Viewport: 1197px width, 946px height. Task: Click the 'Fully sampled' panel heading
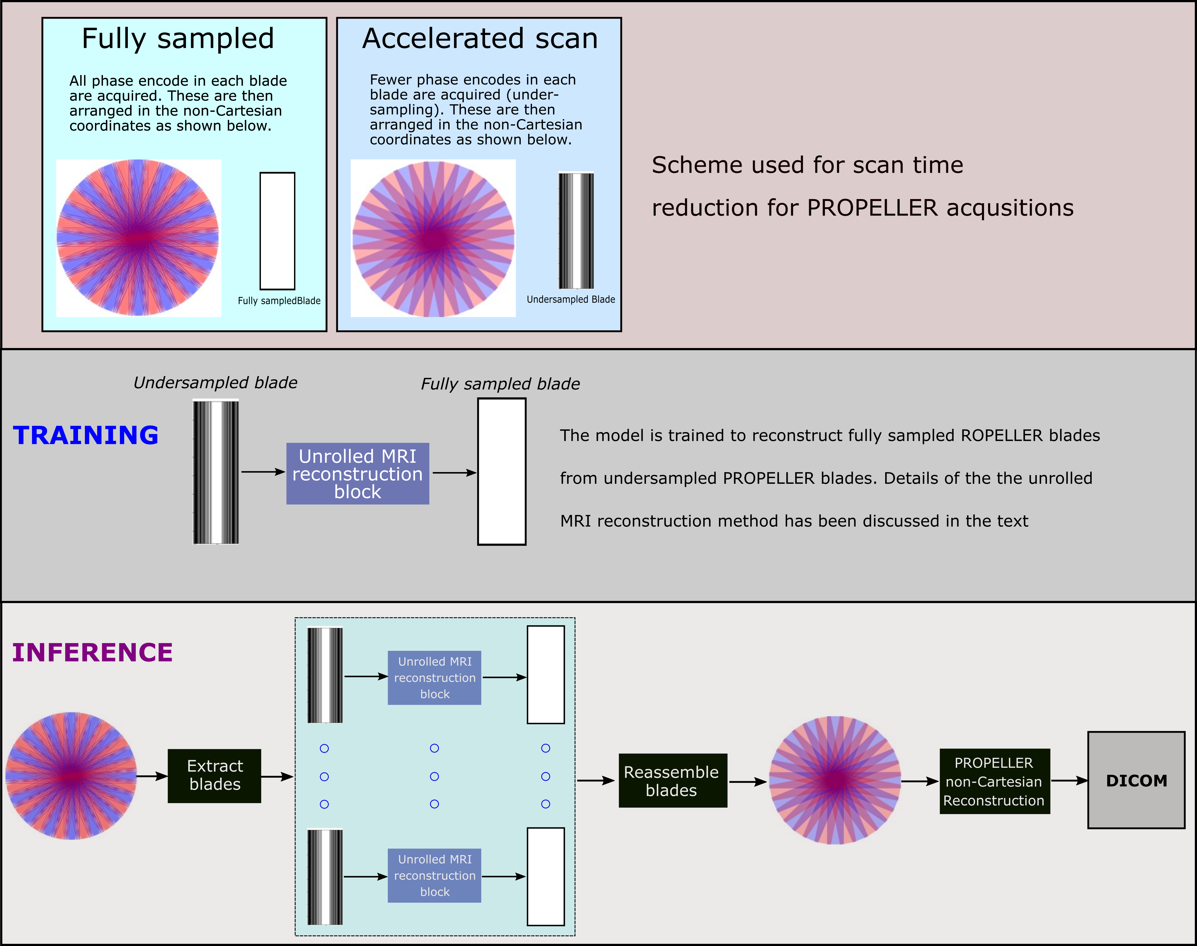coord(178,39)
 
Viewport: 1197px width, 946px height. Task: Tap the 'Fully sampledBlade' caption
coord(279,301)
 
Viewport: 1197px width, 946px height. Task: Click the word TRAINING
coord(86,435)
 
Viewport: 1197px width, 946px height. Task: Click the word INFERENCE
coord(93,652)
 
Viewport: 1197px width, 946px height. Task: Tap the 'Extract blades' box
coord(214,776)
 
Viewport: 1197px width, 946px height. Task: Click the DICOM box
coord(1136,780)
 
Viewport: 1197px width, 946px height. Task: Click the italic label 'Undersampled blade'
coord(215,383)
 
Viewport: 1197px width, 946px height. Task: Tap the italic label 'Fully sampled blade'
coord(500,384)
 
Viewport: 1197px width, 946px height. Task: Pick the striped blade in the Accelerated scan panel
coord(576,230)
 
